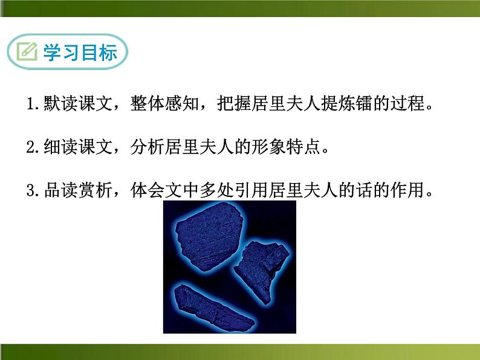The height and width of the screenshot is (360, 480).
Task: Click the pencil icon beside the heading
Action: click(27, 53)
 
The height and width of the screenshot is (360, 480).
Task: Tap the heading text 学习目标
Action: click(79, 53)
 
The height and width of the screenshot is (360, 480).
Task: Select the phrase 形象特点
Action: click(289, 148)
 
